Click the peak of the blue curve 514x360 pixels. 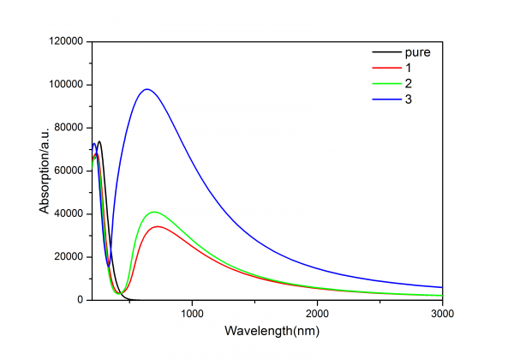click(x=147, y=89)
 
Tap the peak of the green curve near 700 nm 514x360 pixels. click(x=154, y=212)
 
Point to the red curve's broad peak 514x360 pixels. click(x=158, y=226)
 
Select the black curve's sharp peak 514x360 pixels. click(x=99, y=141)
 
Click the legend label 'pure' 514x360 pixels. click(x=417, y=53)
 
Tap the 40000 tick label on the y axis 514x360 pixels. click(x=66, y=213)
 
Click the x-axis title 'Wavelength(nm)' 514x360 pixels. click(x=266, y=330)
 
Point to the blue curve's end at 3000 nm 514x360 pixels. click(x=441, y=287)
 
